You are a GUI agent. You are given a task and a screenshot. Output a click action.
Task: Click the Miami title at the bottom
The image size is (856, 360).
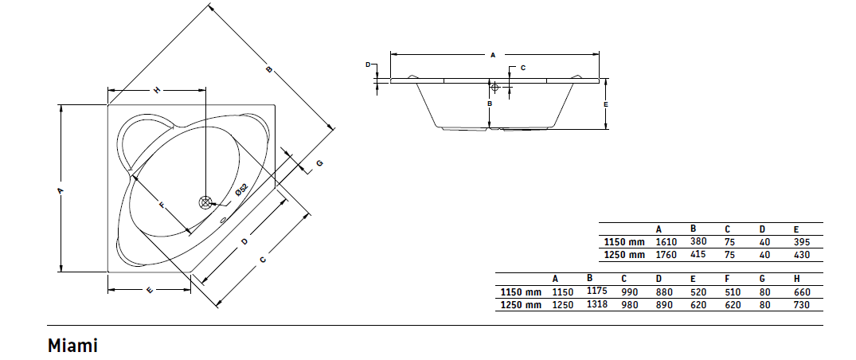point(72,345)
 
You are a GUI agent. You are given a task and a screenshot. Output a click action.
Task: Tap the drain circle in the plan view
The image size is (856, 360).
point(205,202)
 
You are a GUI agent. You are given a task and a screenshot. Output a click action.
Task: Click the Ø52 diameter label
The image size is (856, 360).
point(242,190)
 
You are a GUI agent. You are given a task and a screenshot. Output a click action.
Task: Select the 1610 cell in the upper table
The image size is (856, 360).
point(666,241)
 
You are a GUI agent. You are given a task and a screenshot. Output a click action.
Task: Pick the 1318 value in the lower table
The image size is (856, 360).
point(596,303)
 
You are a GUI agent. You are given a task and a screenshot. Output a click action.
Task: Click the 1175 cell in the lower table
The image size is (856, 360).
point(596,291)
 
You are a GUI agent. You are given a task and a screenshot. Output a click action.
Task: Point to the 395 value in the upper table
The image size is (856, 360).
point(802,241)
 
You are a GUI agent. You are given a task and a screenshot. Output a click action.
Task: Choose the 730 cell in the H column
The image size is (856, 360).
point(802,305)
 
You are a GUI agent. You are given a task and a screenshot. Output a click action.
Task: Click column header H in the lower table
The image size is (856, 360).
point(797,279)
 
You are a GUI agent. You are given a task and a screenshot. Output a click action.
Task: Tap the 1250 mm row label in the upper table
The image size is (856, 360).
point(624,255)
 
